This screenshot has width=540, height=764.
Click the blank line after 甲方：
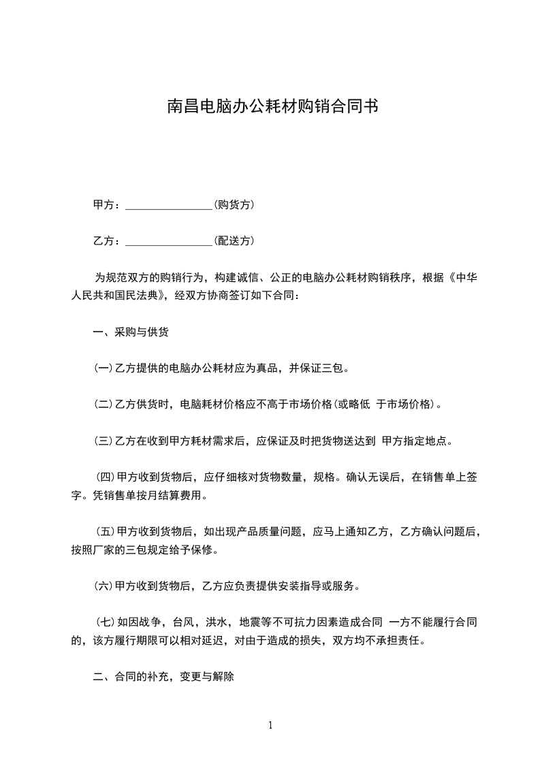pyautogui.click(x=169, y=204)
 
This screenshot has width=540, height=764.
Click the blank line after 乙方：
pyautogui.click(x=169, y=240)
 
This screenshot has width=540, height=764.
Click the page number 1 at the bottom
pyautogui.click(x=270, y=725)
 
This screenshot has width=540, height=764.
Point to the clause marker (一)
pyautogui.click(x=104, y=368)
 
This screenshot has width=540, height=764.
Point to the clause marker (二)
pyautogui.click(x=104, y=404)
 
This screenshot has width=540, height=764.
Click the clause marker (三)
pyautogui.click(x=104, y=441)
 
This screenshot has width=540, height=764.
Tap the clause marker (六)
pyautogui.click(x=104, y=585)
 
